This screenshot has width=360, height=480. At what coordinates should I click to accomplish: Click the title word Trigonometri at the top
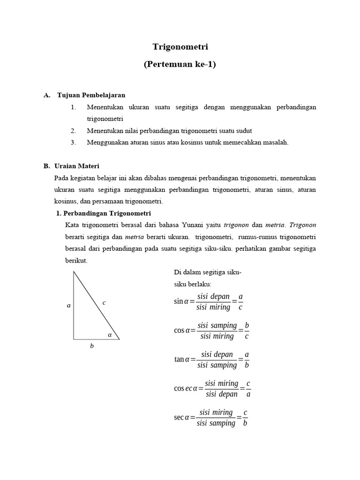pyautogui.click(x=180, y=47)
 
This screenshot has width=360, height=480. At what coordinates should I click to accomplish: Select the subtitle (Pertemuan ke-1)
pyautogui.click(x=180, y=65)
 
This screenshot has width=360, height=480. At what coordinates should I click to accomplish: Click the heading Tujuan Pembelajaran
pyautogui.click(x=91, y=95)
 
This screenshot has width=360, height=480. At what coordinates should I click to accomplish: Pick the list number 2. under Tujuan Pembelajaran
pyautogui.click(x=74, y=131)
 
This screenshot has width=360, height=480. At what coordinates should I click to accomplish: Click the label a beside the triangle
pyautogui.click(x=68, y=305)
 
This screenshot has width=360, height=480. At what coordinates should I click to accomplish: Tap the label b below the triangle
pyautogui.click(x=92, y=346)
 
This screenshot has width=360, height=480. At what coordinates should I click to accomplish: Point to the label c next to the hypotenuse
pyautogui.click(x=104, y=303)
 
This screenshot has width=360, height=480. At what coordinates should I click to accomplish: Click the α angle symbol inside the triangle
pyautogui.click(x=110, y=335)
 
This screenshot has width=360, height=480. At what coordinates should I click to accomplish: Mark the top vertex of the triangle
pyautogui.click(x=74, y=271)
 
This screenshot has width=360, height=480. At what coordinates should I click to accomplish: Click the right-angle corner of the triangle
pyautogui.click(x=74, y=339)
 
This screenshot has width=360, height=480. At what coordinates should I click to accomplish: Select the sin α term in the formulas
pyautogui.click(x=181, y=301)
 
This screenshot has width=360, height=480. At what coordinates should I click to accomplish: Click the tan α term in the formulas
pyautogui.click(x=181, y=360)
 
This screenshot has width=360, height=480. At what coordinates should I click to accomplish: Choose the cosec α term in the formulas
pyautogui.click(x=186, y=389)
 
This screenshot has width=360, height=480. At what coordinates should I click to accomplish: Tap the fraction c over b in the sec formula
pyautogui.click(x=245, y=418)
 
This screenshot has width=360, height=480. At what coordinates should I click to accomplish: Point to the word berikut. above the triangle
pyautogui.click(x=76, y=260)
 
